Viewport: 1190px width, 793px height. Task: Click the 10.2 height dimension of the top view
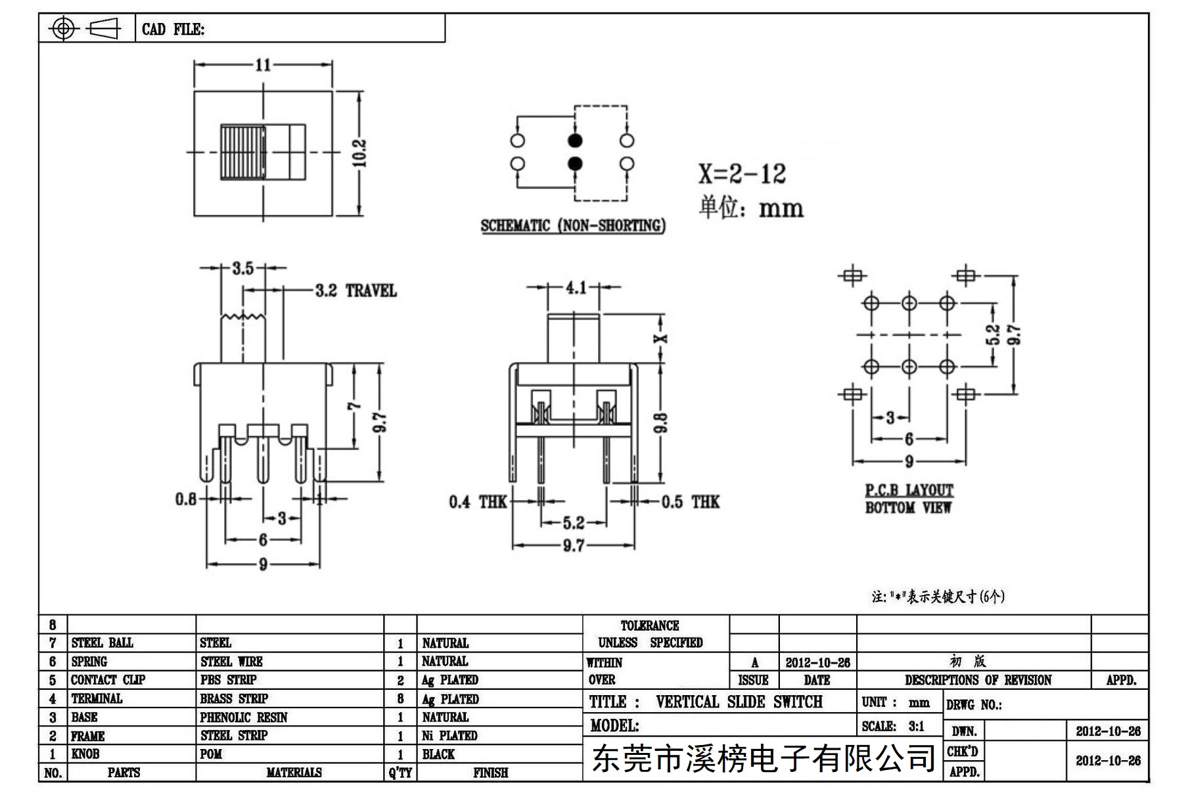[359, 153]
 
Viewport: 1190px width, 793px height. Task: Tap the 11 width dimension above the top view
[263, 65]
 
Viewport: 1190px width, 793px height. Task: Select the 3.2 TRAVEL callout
[355, 290]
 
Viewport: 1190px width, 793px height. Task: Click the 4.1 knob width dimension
[576, 288]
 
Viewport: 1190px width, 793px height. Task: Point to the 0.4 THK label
[478, 503]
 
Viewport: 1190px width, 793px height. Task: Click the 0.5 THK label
[690, 503]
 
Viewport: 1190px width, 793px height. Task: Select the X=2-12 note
[742, 173]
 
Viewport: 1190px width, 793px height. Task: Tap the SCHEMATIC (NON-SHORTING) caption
[573, 226]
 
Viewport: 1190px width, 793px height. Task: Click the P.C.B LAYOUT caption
[909, 490]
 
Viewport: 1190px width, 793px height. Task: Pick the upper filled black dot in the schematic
[575, 141]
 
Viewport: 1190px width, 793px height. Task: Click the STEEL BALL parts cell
[102, 643]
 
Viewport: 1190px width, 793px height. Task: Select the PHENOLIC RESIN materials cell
[244, 717]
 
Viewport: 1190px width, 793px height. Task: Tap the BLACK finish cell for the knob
[438, 754]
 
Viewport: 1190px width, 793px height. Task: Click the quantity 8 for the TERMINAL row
[400, 699]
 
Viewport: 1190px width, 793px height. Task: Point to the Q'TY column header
[400, 773]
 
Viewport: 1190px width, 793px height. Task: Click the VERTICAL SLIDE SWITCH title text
[739, 702]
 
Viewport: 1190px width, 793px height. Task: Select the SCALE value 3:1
[917, 726]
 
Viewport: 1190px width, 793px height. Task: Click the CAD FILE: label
[173, 30]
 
